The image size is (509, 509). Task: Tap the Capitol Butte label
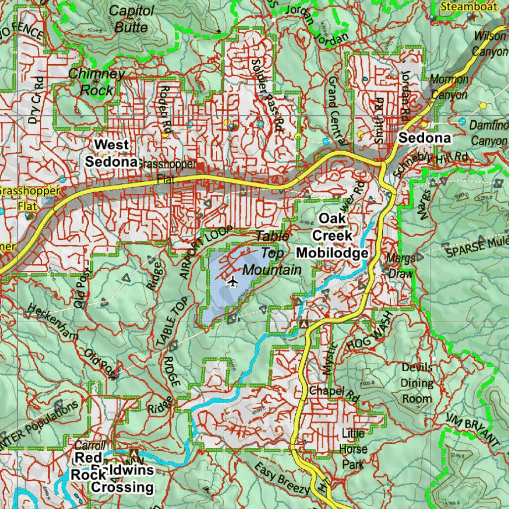[x=131, y=18]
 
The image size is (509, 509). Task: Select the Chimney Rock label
[x=97, y=82]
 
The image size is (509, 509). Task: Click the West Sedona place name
[x=111, y=153]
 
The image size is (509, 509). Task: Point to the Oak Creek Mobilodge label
[x=332, y=236]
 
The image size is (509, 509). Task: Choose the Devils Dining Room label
[x=417, y=383]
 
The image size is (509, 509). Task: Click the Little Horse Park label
[x=353, y=449]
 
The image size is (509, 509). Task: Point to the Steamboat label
[x=462, y=6]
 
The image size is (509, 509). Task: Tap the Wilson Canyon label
[x=490, y=43]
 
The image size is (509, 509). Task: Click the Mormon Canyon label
[x=449, y=87]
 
